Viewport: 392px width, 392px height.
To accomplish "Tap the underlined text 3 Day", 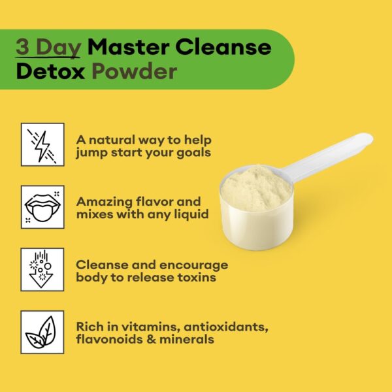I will click(x=49, y=47).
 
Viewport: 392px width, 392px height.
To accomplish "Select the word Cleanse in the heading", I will click(x=223, y=47).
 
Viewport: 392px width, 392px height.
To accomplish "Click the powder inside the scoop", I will click(x=255, y=187).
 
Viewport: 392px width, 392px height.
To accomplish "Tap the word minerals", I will click(x=190, y=339).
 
